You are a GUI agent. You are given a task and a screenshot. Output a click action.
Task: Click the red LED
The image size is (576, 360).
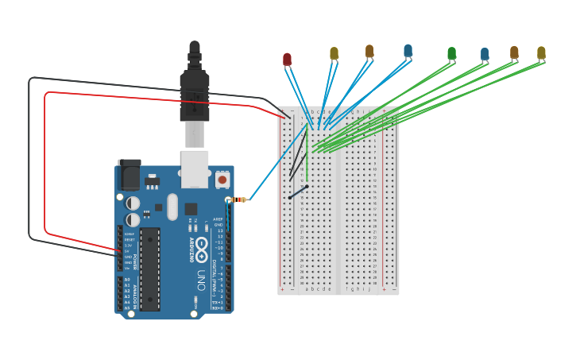pos(287,59)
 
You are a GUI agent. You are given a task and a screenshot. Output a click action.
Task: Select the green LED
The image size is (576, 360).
pos(451,53)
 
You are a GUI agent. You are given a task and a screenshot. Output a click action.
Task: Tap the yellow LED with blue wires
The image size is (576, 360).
pos(334,53)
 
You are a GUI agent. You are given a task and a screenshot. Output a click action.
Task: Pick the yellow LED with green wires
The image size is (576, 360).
pos(541,53)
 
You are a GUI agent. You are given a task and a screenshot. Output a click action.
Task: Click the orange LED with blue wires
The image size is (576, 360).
pos(369,52)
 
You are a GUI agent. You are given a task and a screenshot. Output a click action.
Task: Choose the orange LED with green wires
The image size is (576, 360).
pos(514,53)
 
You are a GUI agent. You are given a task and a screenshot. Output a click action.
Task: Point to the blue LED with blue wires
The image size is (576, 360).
pos(408,51)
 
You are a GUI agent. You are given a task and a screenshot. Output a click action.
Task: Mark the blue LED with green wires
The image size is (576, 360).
pos(485,54)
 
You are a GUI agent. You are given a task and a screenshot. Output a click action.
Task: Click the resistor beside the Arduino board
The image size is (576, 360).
pos(237,199)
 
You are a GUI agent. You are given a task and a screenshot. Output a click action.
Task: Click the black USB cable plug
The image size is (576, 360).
pos(194,87)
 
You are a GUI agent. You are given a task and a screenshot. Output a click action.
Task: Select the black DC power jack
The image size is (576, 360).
pos(129,175)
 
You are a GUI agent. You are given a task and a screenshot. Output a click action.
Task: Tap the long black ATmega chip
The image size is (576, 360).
pos(150,268)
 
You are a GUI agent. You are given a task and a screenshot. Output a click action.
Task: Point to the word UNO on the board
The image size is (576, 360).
pos(201,280)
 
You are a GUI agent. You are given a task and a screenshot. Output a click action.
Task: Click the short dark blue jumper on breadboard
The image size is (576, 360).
pos(298,192)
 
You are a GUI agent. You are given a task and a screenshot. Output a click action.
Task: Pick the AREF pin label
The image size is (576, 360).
pos(218,218)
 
